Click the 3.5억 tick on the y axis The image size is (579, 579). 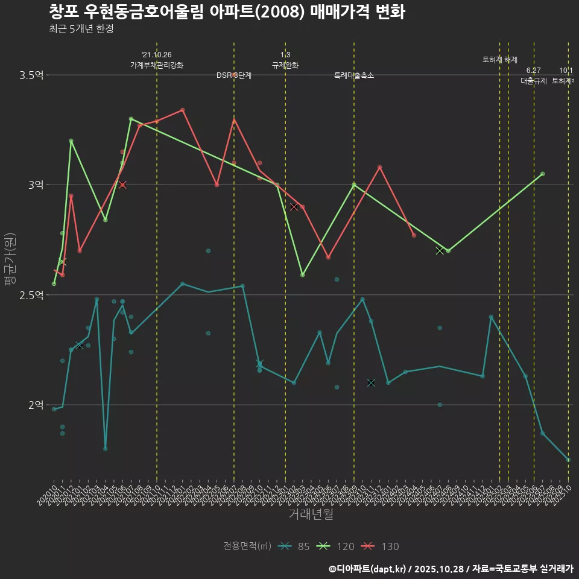click(x=31, y=75)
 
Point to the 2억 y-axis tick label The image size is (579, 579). click(x=36, y=405)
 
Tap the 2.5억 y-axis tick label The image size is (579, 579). click(x=31, y=295)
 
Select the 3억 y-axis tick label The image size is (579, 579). click(x=36, y=185)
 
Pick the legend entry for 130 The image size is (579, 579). click(x=381, y=546)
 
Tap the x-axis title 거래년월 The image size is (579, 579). click(x=311, y=514)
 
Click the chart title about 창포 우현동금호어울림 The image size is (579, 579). click(x=226, y=12)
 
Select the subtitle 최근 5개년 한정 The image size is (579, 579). click(x=81, y=29)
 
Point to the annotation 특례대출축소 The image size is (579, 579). click(x=354, y=75)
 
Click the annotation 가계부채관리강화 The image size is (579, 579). click(x=157, y=65)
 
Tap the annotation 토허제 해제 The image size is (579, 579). click(x=500, y=60)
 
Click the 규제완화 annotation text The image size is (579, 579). click(x=285, y=65)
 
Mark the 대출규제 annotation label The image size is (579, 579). click(x=534, y=81)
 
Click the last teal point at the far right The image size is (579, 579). click(x=568, y=460)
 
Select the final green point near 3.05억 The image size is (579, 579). click(x=543, y=174)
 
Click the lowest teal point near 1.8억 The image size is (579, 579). click(x=106, y=449)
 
